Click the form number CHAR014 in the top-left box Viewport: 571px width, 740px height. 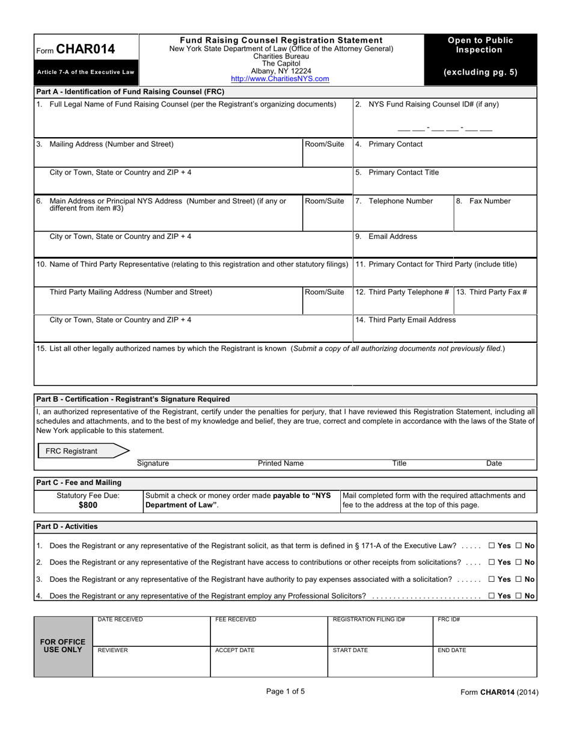tap(85, 49)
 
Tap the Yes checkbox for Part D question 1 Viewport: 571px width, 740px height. tap(492, 546)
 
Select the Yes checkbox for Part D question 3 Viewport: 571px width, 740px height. tap(492, 579)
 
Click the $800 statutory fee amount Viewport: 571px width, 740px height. tap(88, 505)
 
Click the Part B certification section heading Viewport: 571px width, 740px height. tap(133, 399)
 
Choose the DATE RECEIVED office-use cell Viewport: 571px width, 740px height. tap(151, 631)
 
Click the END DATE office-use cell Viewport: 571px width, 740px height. tap(484, 662)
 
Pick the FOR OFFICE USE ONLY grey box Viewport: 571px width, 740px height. tap(63, 646)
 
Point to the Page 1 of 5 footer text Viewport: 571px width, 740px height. tap(285, 691)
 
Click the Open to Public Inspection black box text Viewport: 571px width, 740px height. tap(480, 45)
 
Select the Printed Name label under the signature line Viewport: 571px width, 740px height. tap(281, 463)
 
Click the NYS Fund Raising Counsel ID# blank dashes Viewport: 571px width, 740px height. tap(444, 128)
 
